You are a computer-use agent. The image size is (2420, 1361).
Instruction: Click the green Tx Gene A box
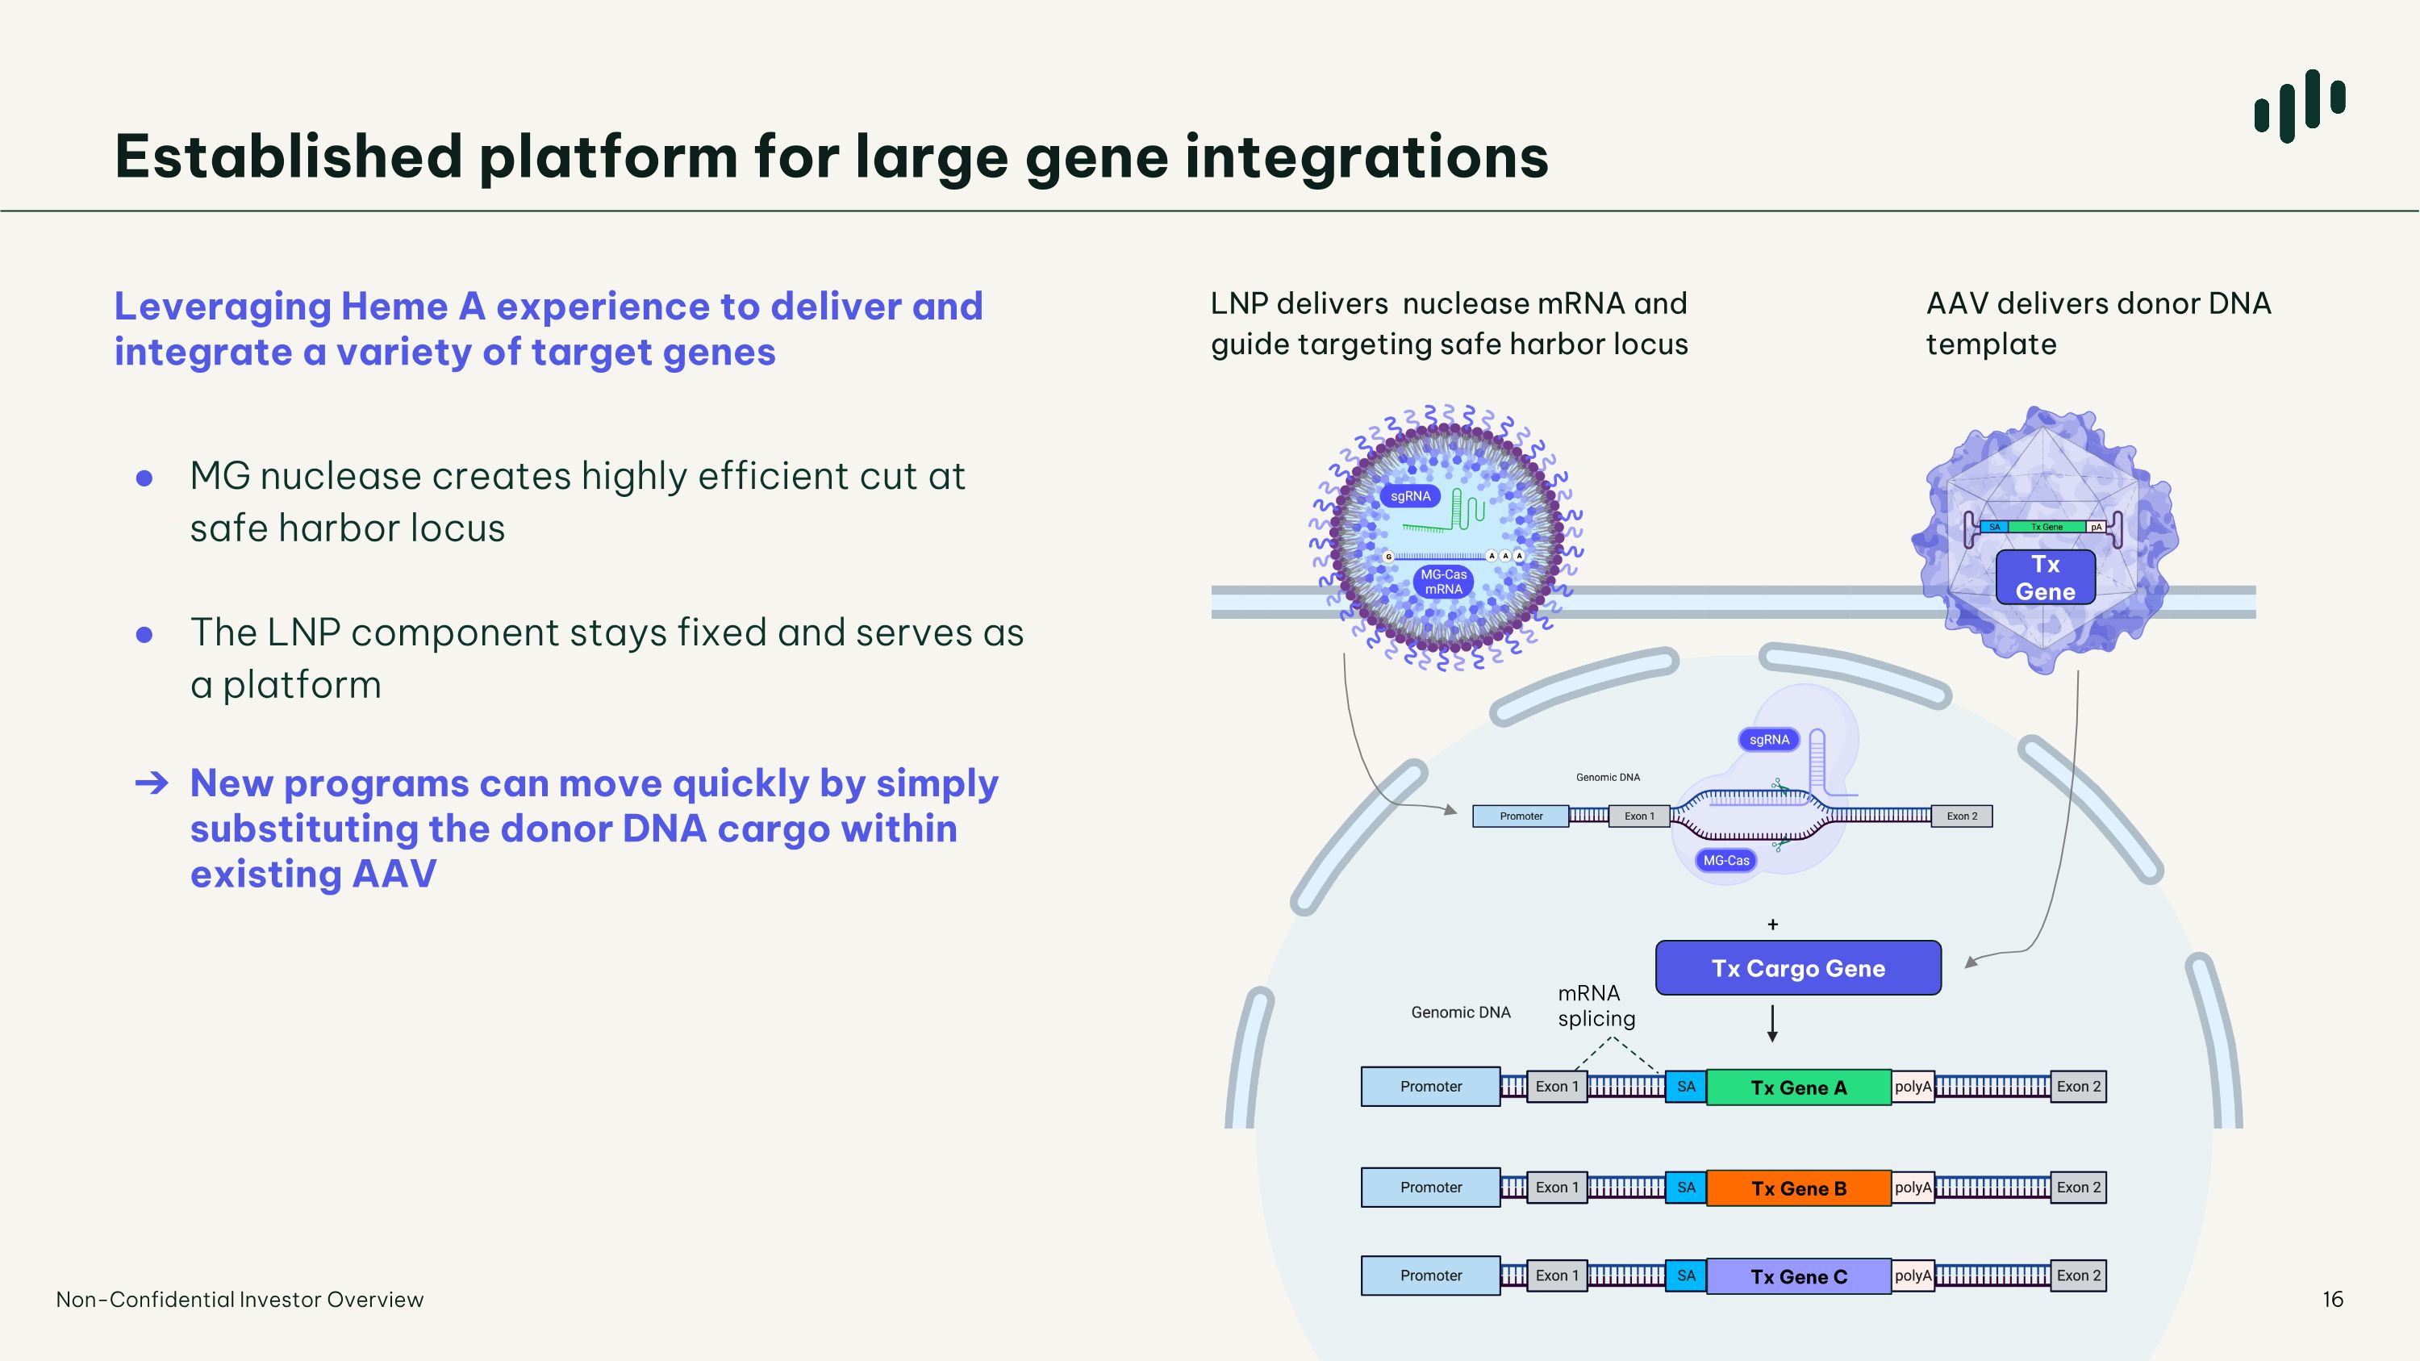1798,1087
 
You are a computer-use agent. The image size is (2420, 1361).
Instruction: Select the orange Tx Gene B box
1798,1188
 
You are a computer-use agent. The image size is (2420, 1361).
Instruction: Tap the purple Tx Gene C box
1798,1275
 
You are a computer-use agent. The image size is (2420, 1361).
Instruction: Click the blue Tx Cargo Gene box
1798,967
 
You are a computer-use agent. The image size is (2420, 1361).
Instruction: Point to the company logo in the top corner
2300,105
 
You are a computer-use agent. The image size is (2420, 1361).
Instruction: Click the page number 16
2333,1299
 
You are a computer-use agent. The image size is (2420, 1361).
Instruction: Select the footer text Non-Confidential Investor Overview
240,1299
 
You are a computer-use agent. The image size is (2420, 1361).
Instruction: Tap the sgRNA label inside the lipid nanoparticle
1410,496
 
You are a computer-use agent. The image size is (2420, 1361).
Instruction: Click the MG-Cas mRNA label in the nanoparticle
1443,582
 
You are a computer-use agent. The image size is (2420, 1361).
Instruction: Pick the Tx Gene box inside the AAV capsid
2045,577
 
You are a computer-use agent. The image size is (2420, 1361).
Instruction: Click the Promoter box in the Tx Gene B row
1431,1188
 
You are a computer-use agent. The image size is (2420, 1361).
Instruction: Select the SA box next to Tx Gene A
1686,1087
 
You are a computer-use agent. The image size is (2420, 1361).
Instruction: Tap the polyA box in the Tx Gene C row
1913,1275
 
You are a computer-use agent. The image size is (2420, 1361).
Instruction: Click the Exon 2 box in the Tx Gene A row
2078,1087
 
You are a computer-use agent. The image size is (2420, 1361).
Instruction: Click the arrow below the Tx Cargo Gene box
1771,1024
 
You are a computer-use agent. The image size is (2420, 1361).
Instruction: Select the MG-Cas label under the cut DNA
1725,860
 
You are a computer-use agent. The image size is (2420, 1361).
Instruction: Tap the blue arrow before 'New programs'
152,783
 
